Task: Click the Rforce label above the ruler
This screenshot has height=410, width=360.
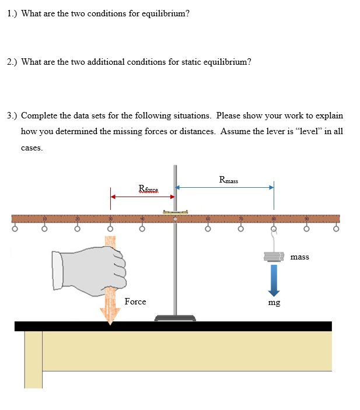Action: point(148,188)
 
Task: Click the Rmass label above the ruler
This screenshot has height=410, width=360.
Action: point(228,180)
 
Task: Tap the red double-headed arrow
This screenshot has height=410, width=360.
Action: point(143,197)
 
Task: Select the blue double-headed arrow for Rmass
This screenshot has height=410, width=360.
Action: point(225,188)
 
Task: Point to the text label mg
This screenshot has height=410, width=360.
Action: point(274,302)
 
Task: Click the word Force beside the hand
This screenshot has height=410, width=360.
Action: point(135,302)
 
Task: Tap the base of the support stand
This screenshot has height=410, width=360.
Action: point(175,318)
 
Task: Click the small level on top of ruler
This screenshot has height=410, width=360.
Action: point(175,212)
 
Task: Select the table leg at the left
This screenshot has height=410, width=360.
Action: point(33,359)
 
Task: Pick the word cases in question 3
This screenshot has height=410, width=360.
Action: point(32,148)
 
